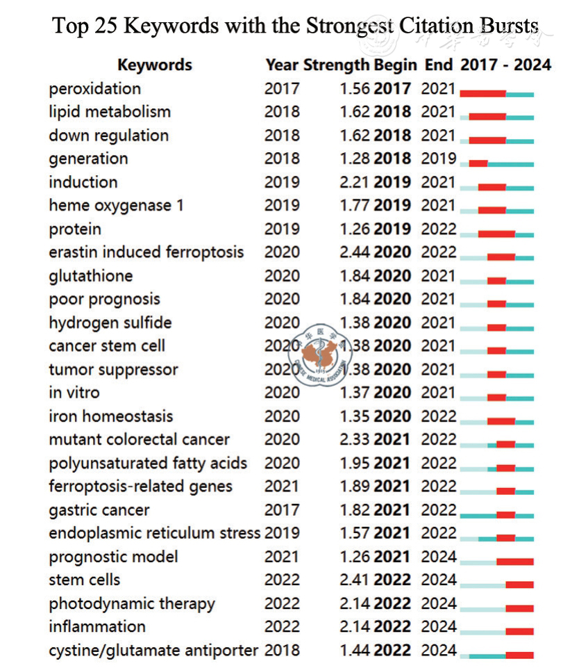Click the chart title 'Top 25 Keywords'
point(296,26)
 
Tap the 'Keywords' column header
point(154,65)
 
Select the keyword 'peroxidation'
point(94,89)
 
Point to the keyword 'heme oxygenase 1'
point(116,206)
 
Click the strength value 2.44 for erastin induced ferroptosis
point(355,252)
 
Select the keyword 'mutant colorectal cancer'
point(139,439)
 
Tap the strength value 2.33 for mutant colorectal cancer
point(355,439)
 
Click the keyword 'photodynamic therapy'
point(132,603)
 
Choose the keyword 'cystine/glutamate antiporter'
point(153,651)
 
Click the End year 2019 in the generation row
point(439,158)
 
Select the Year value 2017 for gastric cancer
point(282,510)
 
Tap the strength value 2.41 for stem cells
point(355,580)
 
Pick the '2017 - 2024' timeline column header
point(505,65)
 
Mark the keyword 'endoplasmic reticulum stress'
point(154,533)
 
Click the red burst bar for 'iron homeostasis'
point(501,421)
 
